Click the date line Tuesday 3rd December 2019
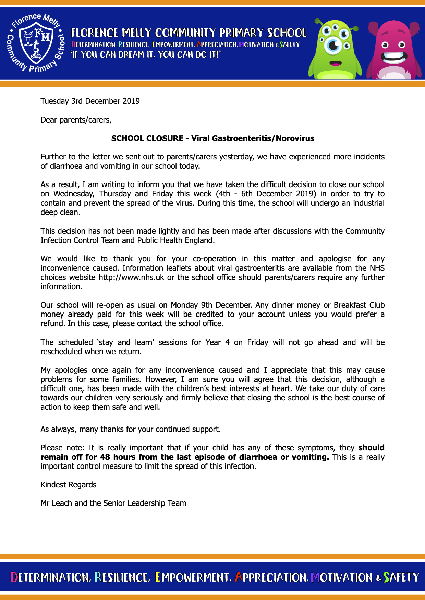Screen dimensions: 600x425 tap(90, 101)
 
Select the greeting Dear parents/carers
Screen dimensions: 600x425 tap(76, 120)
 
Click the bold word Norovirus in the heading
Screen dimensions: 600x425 tap(295, 138)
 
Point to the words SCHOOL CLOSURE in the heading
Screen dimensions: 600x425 tap(147, 138)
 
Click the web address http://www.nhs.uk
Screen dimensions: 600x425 tap(131, 277)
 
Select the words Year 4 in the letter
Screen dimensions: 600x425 tap(217, 342)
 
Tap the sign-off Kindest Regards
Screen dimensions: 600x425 tap(69, 485)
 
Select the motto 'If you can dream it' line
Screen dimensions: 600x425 tap(146, 54)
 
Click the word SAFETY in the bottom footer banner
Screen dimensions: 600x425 tap(401, 577)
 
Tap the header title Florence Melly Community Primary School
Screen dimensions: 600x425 tap(189, 33)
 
